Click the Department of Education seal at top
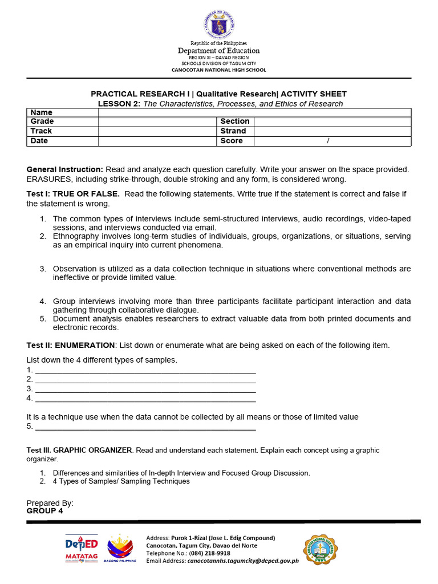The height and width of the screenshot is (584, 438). click(x=219, y=25)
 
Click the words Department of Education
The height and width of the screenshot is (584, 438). click(x=219, y=51)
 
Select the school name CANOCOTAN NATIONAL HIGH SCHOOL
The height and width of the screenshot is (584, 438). click(x=219, y=70)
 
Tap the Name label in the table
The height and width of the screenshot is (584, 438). click(x=41, y=112)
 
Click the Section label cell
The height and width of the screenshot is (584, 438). click(x=235, y=121)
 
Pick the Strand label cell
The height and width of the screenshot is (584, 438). click(x=233, y=131)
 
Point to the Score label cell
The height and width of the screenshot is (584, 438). click(x=232, y=141)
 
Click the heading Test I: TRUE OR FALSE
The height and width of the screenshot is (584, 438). click(x=73, y=194)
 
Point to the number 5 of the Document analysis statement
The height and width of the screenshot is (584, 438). click(x=43, y=319)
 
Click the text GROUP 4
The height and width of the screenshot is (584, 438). click(x=44, y=511)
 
